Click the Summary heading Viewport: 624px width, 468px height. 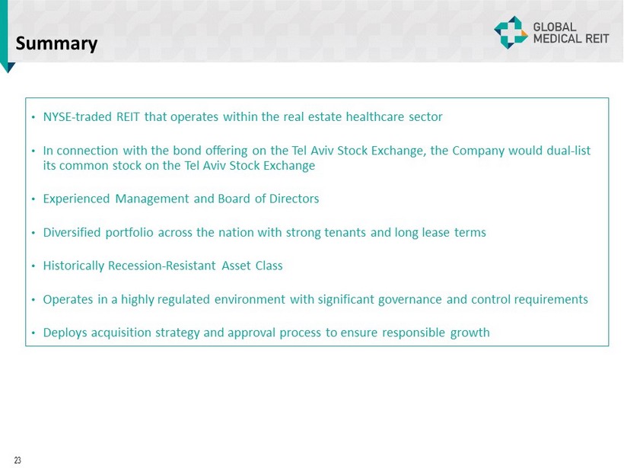pos(56,44)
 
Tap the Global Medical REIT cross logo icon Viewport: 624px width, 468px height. pos(511,33)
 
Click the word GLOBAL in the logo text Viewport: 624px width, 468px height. pos(554,27)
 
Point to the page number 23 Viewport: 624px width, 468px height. pos(18,460)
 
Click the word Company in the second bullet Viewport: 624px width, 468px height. pos(479,151)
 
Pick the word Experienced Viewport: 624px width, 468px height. pos(76,199)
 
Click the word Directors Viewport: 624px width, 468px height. pos(294,199)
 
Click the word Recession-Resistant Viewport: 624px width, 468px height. pos(162,266)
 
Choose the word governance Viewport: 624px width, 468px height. pos(410,299)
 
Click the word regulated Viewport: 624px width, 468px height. pos(183,299)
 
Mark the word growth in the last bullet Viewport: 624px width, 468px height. pos(470,333)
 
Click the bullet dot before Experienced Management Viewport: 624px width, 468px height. pos(33,199)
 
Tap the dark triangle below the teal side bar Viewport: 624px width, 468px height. pos(8,67)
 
